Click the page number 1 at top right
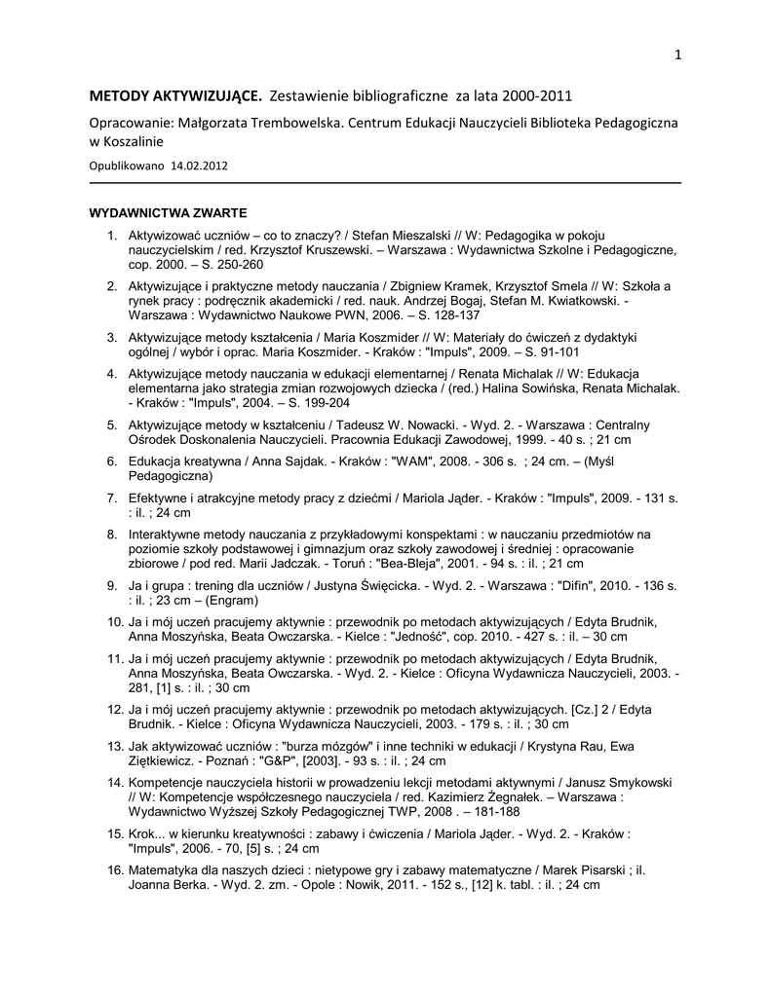coord(676,55)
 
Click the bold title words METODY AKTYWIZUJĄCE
coord(175,96)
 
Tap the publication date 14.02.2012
coord(199,166)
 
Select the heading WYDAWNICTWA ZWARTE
coord(168,212)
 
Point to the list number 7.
coord(112,498)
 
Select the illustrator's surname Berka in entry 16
coord(193,885)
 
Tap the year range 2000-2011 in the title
coord(530,96)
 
